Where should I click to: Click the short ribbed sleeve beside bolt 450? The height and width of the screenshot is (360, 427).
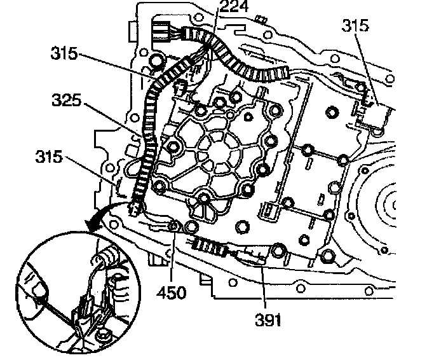tap(207, 244)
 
